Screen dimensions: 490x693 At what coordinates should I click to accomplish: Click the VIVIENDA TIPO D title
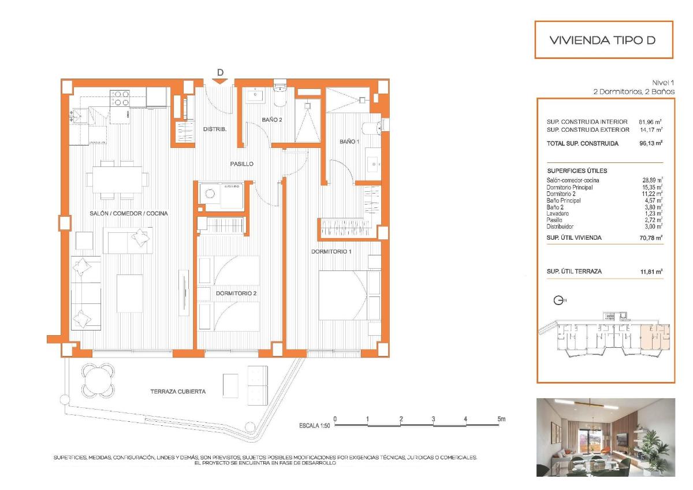[x=603, y=40]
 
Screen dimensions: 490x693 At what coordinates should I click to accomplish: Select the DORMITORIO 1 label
[x=331, y=251]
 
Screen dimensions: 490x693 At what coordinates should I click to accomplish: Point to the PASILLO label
[x=242, y=164]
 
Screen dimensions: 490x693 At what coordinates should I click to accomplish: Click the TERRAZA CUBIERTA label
[x=178, y=391]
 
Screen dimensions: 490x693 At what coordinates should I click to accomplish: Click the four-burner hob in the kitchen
[x=120, y=98]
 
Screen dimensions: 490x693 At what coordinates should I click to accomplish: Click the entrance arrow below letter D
[x=220, y=81]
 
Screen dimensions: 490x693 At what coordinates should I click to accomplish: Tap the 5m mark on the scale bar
[x=501, y=418]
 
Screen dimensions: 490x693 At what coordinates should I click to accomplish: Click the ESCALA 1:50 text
[x=314, y=426]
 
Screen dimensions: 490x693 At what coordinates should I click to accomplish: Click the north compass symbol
[x=558, y=300]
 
